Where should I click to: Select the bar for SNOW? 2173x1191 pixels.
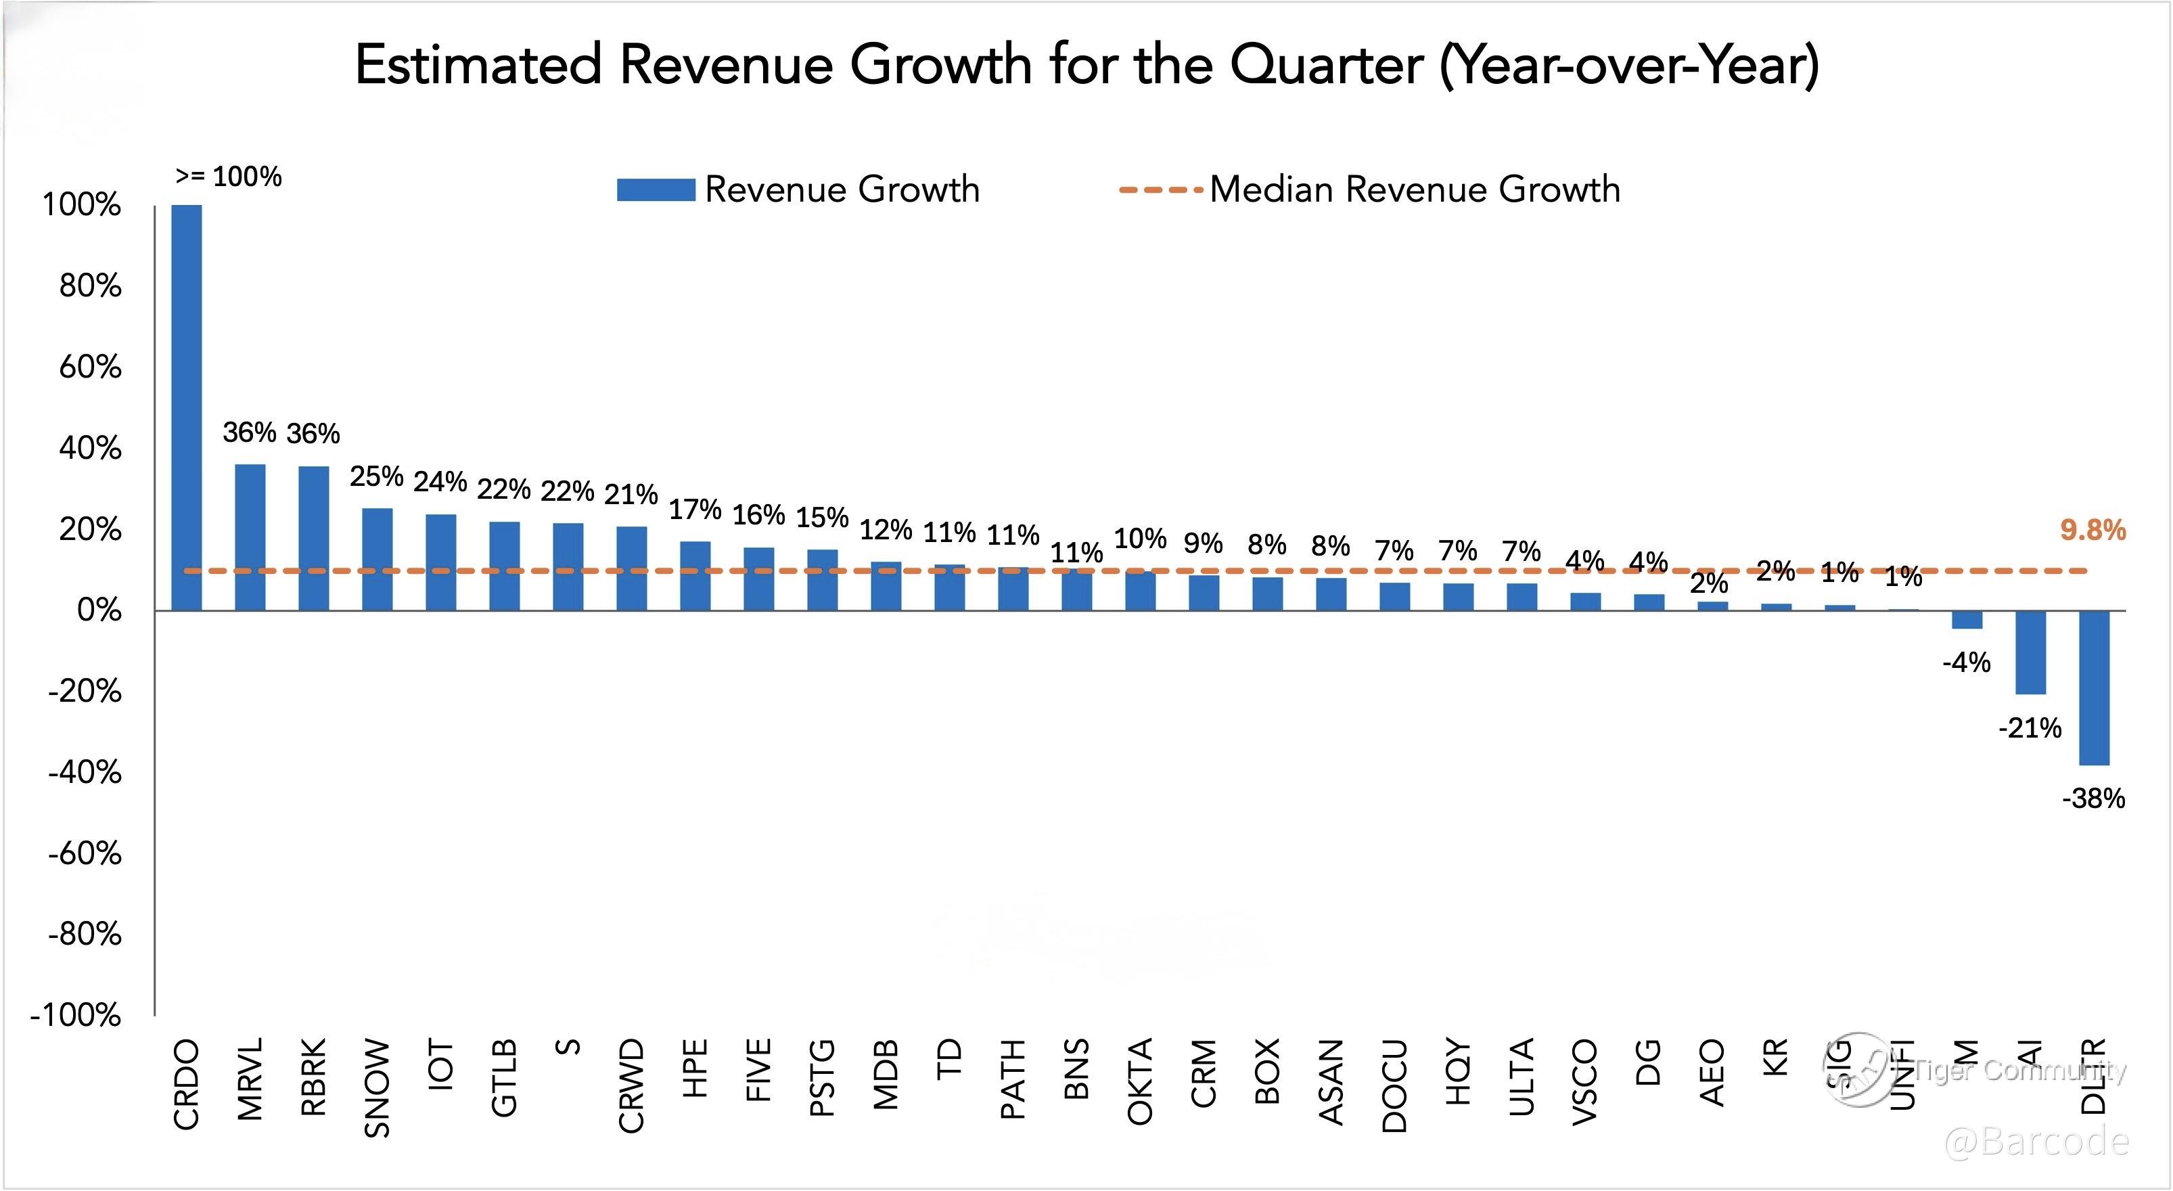377,559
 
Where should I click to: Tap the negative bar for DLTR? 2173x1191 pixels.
2094,688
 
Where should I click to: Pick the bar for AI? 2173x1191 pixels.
2030,652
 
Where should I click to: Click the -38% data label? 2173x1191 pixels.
2093,798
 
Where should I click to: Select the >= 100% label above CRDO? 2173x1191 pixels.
229,177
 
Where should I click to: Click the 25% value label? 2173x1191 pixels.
376,476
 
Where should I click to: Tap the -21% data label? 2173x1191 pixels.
2030,728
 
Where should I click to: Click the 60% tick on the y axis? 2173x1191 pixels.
89,367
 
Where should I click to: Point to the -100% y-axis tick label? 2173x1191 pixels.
76,1014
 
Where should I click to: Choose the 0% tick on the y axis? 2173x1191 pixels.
99,610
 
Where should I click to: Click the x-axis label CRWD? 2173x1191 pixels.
632,1085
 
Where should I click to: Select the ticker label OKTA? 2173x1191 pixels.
1141,1081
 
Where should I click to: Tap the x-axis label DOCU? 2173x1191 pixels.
1395,1085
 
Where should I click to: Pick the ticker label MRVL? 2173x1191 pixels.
250,1079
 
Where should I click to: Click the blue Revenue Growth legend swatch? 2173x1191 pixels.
656,189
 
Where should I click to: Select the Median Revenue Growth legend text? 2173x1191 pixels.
1415,189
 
